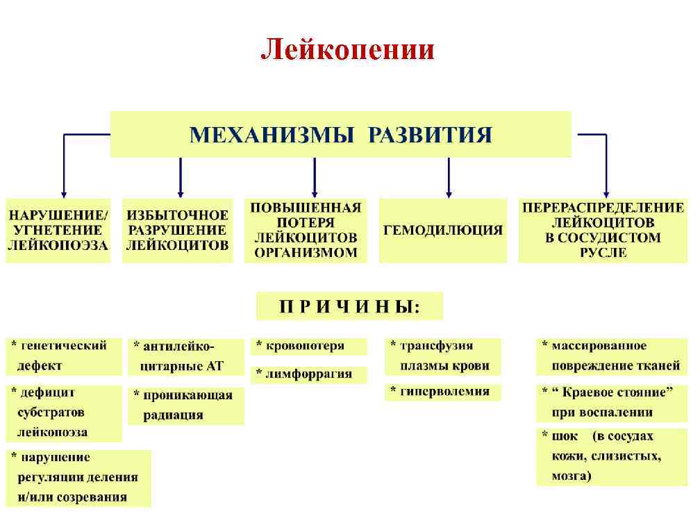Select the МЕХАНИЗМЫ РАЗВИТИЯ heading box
click(x=341, y=135)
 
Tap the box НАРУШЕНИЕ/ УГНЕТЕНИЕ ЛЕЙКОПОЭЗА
click(x=58, y=230)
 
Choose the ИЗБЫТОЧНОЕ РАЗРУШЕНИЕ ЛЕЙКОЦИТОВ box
click(x=177, y=230)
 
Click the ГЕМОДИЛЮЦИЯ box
click(x=442, y=231)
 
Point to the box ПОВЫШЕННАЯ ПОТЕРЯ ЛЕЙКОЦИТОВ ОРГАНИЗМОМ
click(x=306, y=230)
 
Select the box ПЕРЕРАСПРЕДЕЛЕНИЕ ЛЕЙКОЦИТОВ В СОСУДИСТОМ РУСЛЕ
click(x=603, y=230)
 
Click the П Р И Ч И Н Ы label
click(x=349, y=306)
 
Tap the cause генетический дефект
click(x=58, y=355)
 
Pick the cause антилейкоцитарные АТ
click(x=185, y=356)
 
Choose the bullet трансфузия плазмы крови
click(x=442, y=356)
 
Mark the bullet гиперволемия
click(x=442, y=392)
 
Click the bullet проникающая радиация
click(x=185, y=405)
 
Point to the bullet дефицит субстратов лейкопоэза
click(x=63, y=412)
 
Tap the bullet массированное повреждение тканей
click(x=612, y=356)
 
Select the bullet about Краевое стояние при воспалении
click(x=612, y=402)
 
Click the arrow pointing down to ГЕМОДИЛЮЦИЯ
click(x=449, y=178)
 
